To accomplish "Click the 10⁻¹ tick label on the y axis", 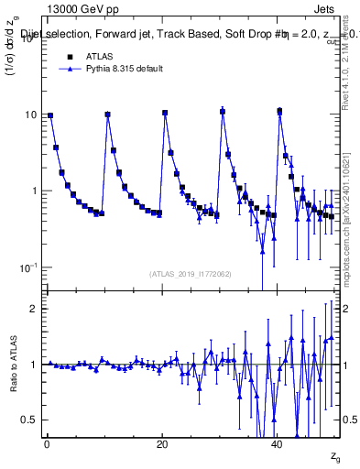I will click(28, 267).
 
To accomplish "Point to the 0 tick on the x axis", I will click(46, 446).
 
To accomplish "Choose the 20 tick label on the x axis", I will click(162, 446).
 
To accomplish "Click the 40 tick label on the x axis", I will click(278, 446).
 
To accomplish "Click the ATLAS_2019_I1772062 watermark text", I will click(191, 274).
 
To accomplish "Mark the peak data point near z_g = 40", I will click(279, 112).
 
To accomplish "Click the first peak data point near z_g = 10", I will click(108, 115).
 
